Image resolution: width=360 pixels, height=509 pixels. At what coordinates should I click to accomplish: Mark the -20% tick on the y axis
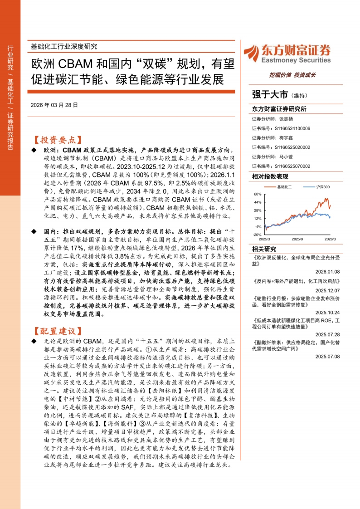pos(257,235)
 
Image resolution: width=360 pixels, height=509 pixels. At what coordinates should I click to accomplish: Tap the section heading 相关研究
pos(263,249)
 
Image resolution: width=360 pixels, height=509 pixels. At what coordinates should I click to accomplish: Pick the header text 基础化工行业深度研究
pos(63,46)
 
